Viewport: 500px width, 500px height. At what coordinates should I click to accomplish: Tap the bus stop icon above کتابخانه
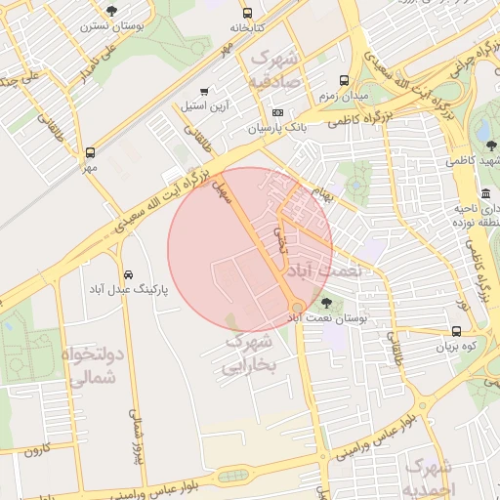[248, 14]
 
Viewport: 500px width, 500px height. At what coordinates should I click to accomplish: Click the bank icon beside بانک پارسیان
[277, 114]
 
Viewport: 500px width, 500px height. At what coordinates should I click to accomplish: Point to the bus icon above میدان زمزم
[343, 81]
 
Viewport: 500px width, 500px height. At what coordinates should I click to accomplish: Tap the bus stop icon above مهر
[90, 152]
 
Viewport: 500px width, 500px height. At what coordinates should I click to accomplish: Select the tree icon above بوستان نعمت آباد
[327, 303]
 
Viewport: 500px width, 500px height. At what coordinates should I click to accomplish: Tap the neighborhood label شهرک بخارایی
[251, 354]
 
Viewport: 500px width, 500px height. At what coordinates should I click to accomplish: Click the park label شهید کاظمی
[482, 158]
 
